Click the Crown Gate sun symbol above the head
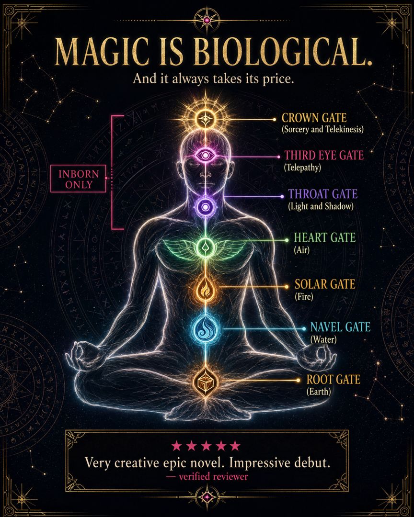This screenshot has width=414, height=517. pos(206,119)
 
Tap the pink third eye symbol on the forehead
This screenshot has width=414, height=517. pos(206,155)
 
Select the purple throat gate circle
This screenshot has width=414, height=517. pos(206,207)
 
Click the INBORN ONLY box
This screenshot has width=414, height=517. pos(79,179)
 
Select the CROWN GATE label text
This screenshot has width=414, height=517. pos(314,118)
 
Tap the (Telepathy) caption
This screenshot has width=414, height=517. pos(302,168)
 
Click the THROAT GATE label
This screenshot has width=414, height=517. pos(322,194)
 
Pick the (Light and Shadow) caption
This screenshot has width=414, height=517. pos(321,206)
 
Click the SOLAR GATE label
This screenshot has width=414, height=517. pos(325,284)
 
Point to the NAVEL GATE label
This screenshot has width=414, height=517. pos(340,327)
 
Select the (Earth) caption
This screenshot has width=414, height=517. pos(319,392)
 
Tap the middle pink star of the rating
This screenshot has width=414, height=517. pos(207,446)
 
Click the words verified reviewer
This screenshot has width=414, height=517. pos(213,476)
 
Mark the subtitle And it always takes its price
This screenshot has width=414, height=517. pos(213,79)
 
